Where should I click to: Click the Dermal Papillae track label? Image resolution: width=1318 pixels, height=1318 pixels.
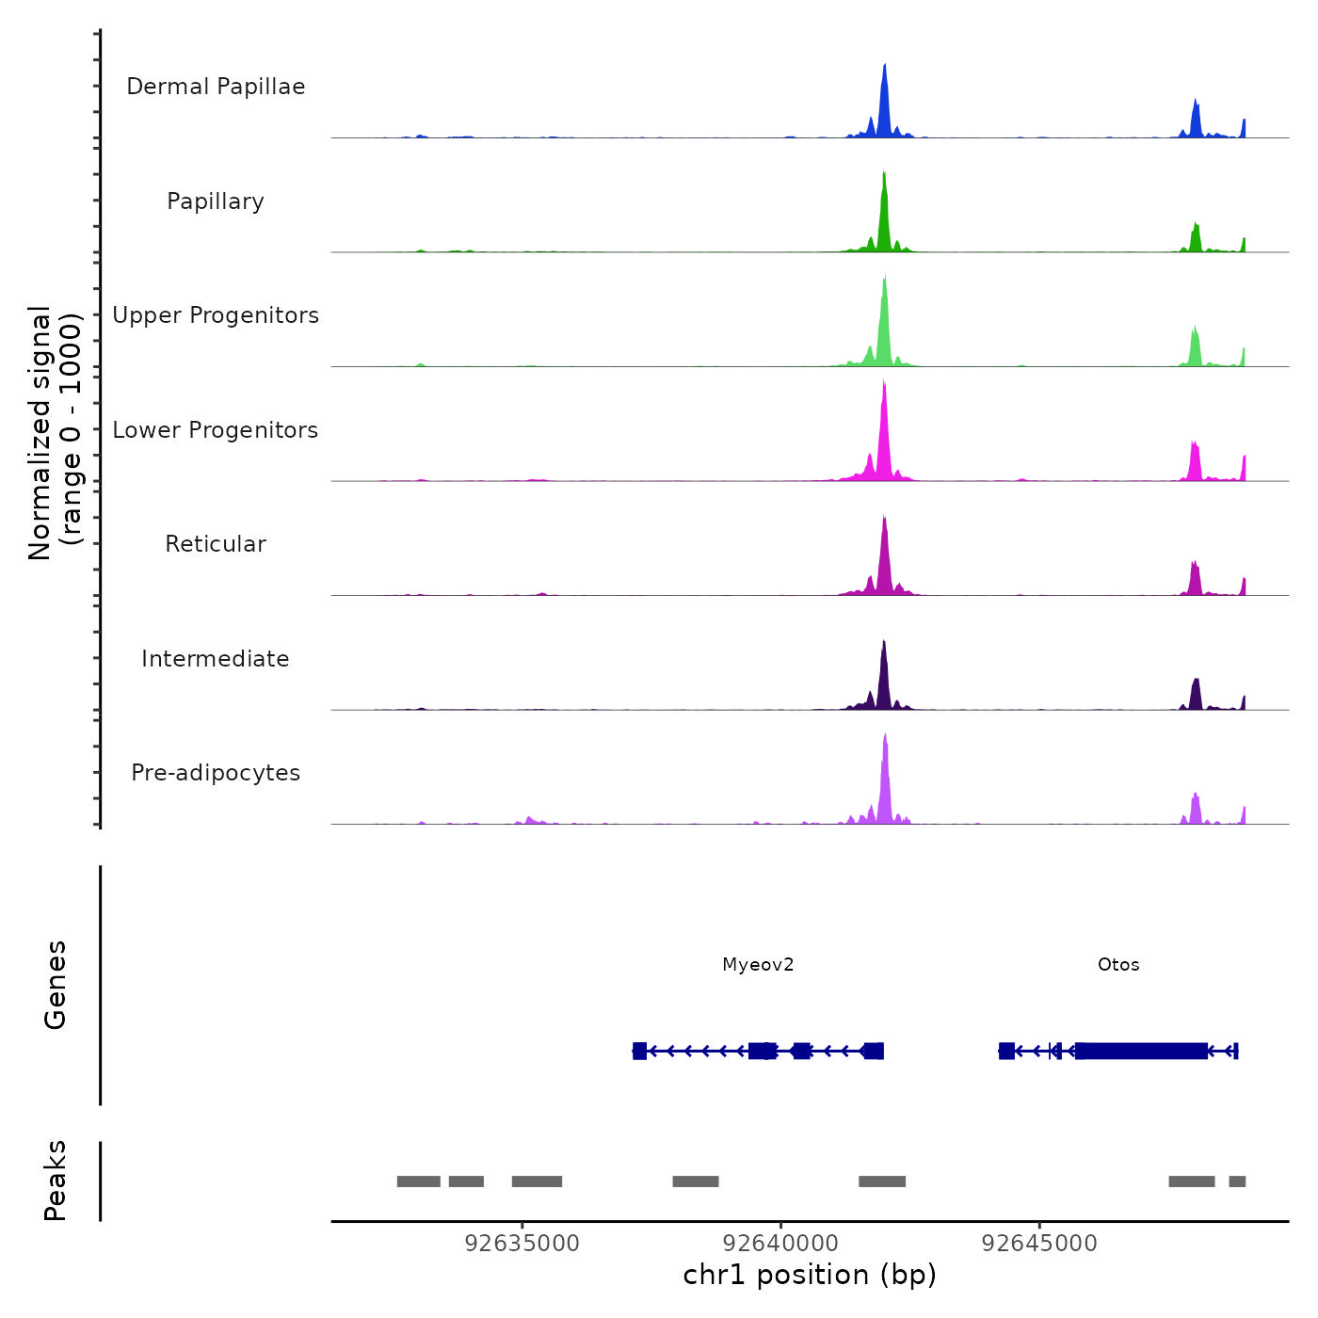[x=216, y=87]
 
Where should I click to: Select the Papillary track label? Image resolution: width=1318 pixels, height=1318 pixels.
[x=216, y=201]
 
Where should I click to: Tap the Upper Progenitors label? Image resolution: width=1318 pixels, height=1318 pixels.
[x=216, y=315]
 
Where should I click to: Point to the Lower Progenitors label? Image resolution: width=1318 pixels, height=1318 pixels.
[x=216, y=430]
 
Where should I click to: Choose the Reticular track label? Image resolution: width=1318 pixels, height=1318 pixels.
[x=216, y=544]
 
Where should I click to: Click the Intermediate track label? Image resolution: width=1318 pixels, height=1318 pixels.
[x=216, y=659]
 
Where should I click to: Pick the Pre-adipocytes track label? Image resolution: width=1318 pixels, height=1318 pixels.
[x=216, y=773]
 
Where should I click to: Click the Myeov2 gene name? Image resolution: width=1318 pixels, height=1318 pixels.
[x=758, y=965]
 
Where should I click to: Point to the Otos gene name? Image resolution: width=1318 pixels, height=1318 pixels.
[x=1118, y=965]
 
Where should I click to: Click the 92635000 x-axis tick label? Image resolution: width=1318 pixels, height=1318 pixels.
[x=522, y=1244]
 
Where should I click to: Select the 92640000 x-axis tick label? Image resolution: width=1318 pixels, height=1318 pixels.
[x=781, y=1244]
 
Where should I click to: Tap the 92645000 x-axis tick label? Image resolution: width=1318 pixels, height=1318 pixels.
[x=1039, y=1244]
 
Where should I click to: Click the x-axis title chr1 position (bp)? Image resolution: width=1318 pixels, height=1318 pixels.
[x=810, y=1275]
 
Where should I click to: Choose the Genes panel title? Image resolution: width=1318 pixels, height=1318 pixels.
[x=56, y=985]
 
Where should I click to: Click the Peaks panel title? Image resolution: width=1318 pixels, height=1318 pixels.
[x=56, y=1181]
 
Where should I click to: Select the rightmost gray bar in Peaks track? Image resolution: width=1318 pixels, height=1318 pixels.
[x=1237, y=1181]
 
